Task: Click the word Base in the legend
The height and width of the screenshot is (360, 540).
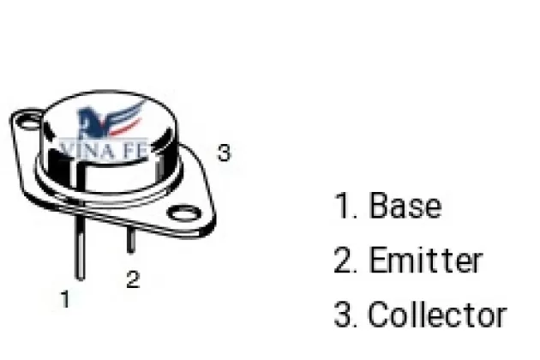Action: pos(405,207)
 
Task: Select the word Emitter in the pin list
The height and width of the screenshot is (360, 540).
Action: pos(425,261)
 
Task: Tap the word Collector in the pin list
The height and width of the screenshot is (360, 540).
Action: pos(437,315)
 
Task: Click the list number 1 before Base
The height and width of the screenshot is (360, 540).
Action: pos(343,207)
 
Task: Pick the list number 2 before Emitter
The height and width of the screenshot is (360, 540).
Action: pos(345,261)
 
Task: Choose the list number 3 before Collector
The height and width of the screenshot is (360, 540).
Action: pos(345,315)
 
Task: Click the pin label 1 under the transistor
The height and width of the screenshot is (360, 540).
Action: pos(65,299)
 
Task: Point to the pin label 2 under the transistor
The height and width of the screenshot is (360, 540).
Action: pos(132,280)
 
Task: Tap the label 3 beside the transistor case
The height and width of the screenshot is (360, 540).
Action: pos(224,153)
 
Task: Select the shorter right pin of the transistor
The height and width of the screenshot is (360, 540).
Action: pos(130,237)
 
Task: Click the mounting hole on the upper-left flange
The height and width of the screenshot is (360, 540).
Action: pos(28,123)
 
